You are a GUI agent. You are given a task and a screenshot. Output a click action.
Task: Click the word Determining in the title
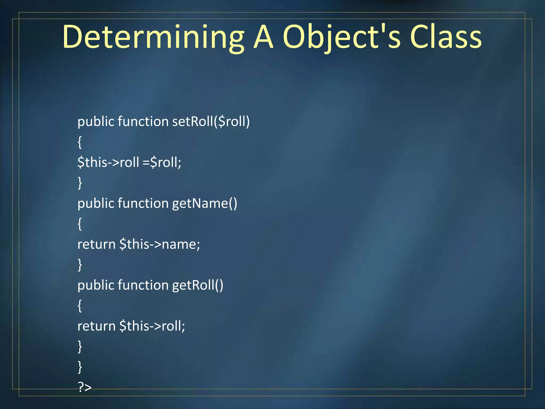pyautogui.click(x=153, y=37)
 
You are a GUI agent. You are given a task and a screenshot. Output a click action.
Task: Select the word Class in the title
pyautogui.click(x=446, y=37)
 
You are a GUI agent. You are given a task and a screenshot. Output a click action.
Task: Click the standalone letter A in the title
pyautogui.click(x=263, y=37)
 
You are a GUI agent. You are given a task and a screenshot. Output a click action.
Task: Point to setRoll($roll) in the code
pyautogui.click(x=211, y=122)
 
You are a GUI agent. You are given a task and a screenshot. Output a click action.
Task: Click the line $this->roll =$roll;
pyautogui.click(x=129, y=162)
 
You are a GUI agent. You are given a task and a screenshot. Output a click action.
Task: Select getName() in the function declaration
pyautogui.click(x=204, y=203)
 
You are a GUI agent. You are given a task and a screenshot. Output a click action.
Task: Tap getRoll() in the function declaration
pyautogui.click(x=197, y=285)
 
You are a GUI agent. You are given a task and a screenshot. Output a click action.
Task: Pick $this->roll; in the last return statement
pyautogui.click(x=152, y=326)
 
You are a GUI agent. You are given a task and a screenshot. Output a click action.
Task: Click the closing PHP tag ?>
pyautogui.click(x=85, y=387)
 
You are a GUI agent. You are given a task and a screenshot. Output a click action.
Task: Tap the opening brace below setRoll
pyautogui.click(x=80, y=142)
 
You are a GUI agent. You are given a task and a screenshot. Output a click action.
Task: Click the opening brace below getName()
pyautogui.click(x=80, y=224)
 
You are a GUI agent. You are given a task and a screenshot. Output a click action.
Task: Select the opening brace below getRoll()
pyautogui.click(x=80, y=306)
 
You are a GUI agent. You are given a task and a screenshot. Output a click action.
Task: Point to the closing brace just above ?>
pyautogui.click(x=80, y=367)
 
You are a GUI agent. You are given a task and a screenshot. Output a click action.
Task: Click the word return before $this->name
pyautogui.click(x=96, y=244)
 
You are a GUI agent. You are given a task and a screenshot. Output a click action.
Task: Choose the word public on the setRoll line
pyautogui.click(x=96, y=122)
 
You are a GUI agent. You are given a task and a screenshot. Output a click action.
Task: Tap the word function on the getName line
pyautogui.click(x=143, y=203)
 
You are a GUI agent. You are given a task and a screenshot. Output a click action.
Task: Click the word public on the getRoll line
pyautogui.click(x=96, y=285)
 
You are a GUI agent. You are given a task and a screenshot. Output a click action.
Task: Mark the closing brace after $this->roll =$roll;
pyautogui.click(x=80, y=183)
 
